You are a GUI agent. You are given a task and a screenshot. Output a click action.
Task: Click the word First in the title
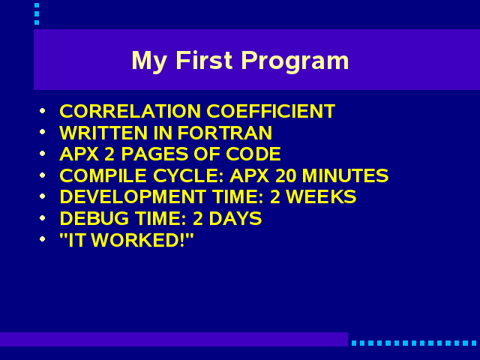coord(204,60)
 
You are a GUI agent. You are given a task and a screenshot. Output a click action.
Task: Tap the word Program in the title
coord(295,61)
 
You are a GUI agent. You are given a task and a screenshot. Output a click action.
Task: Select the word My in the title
coord(149,61)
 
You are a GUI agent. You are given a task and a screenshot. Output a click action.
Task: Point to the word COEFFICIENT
coord(271,111)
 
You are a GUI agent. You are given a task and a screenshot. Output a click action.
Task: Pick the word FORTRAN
coord(225,133)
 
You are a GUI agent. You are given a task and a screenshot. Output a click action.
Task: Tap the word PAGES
coord(155,154)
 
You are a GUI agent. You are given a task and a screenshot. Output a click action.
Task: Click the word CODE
coord(253,154)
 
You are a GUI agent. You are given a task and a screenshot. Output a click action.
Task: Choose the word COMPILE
coord(103,175)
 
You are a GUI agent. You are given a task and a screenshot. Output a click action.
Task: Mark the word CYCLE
coord(188,175)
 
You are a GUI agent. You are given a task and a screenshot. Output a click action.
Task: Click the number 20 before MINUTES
coord(286,175)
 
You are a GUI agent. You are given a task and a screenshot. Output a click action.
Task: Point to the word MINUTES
coord(345,175)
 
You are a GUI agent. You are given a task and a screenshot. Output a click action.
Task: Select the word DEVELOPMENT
coord(133,196)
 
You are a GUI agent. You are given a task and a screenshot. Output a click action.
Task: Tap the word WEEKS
coord(321,196)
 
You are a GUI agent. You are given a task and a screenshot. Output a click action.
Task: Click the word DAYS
coord(235,218)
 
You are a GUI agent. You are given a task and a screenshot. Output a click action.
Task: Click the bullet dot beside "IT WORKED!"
coord(43,238)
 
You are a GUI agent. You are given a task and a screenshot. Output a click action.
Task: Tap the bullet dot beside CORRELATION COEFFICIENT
coord(43,110)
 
